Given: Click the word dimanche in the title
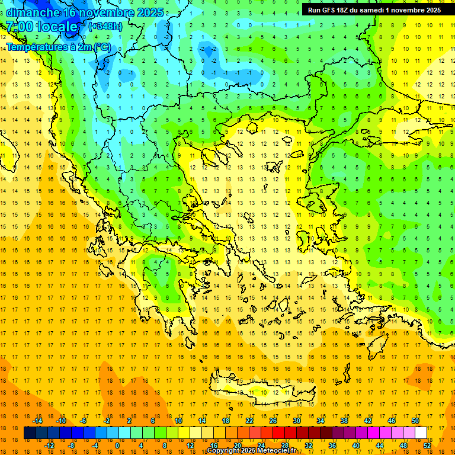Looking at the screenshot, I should tap(33, 12).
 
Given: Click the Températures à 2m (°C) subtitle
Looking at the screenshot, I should tap(58, 47).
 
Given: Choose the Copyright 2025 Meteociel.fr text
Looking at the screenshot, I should tap(259, 451).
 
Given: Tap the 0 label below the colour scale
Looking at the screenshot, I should tap(117, 446).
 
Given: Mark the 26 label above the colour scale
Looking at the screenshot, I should tap(273, 421).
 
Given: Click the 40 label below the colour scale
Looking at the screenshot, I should tap(356, 446).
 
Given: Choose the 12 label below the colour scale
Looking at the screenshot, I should tap(190, 446).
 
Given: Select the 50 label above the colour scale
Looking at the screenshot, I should tap(415, 421).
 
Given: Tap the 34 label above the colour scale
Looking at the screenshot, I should tap(321, 421).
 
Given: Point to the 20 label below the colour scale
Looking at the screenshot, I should tap(238, 446).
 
